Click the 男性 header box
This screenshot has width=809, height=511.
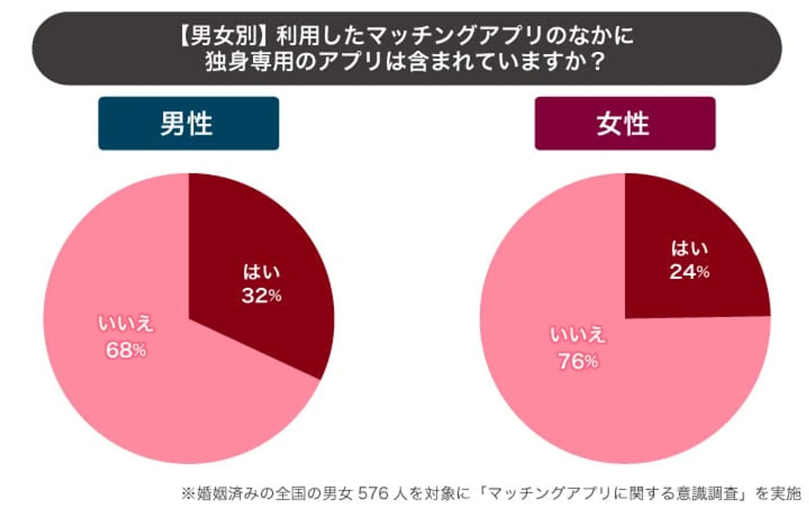point(188,124)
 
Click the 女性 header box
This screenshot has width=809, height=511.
point(624,124)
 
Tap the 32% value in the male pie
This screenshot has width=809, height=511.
point(261,296)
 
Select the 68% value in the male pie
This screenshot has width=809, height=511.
point(126,350)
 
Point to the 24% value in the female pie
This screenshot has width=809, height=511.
point(689,272)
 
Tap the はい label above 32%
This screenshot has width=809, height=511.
point(261,272)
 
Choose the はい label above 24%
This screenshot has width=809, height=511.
point(689,248)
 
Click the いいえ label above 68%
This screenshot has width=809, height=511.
point(126,324)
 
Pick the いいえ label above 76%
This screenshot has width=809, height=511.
point(578,335)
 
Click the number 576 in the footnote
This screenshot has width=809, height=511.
point(373,494)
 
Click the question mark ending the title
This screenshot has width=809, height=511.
point(597,61)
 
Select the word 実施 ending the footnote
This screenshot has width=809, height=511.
point(785,494)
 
